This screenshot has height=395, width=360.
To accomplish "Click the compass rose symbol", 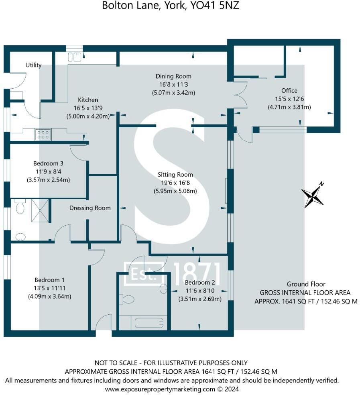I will [x=313, y=196].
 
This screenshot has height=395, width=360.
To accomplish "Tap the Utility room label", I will [x=34, y=65].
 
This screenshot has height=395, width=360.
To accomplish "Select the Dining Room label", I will [x=173, y=76].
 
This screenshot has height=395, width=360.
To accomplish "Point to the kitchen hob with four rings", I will [x=42, y=134].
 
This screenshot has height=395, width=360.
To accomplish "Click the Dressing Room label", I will [x=90, y=208].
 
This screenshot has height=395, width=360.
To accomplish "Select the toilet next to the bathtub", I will [x=127, y=299].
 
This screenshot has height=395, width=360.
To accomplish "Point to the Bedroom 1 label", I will [x=49, y=280].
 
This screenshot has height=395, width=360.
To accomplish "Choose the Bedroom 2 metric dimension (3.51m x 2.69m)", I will [x=199, y=299].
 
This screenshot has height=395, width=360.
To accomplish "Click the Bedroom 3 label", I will [x=48, y=164].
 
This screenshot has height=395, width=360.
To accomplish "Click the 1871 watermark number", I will [x=197, y=273].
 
